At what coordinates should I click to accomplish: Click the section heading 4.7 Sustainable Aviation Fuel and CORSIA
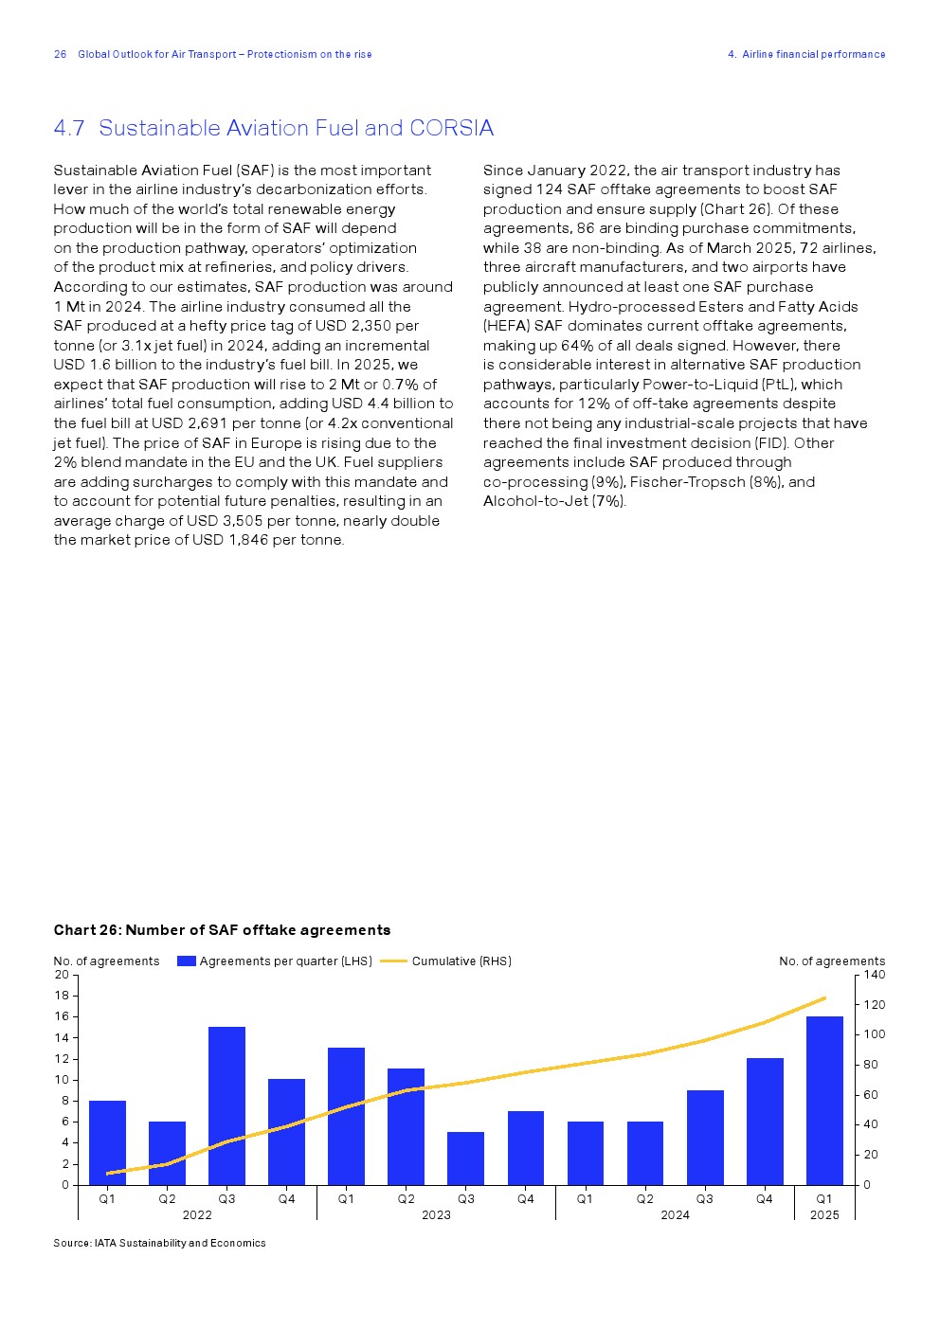pos(273,128)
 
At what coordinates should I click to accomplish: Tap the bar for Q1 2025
pos(824,1100)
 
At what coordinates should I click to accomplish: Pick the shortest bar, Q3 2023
pos(465,1158)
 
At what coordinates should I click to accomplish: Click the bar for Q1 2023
pos(346,1115)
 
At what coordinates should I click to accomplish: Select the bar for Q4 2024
pos(765,1121)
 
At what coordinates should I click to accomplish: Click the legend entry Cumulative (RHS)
pos(461,961)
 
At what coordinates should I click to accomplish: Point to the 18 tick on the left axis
pos(62,996)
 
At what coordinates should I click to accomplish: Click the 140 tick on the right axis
pos(875,975)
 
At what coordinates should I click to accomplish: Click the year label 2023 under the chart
pos(436,1215)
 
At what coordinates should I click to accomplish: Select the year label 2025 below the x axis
pos(824,1215)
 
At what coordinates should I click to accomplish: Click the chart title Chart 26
pos(222,930)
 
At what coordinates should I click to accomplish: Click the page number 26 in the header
pos(61,54)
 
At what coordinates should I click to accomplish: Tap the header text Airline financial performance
pos(813,54)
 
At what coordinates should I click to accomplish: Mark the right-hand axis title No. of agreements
pos(832,961)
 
